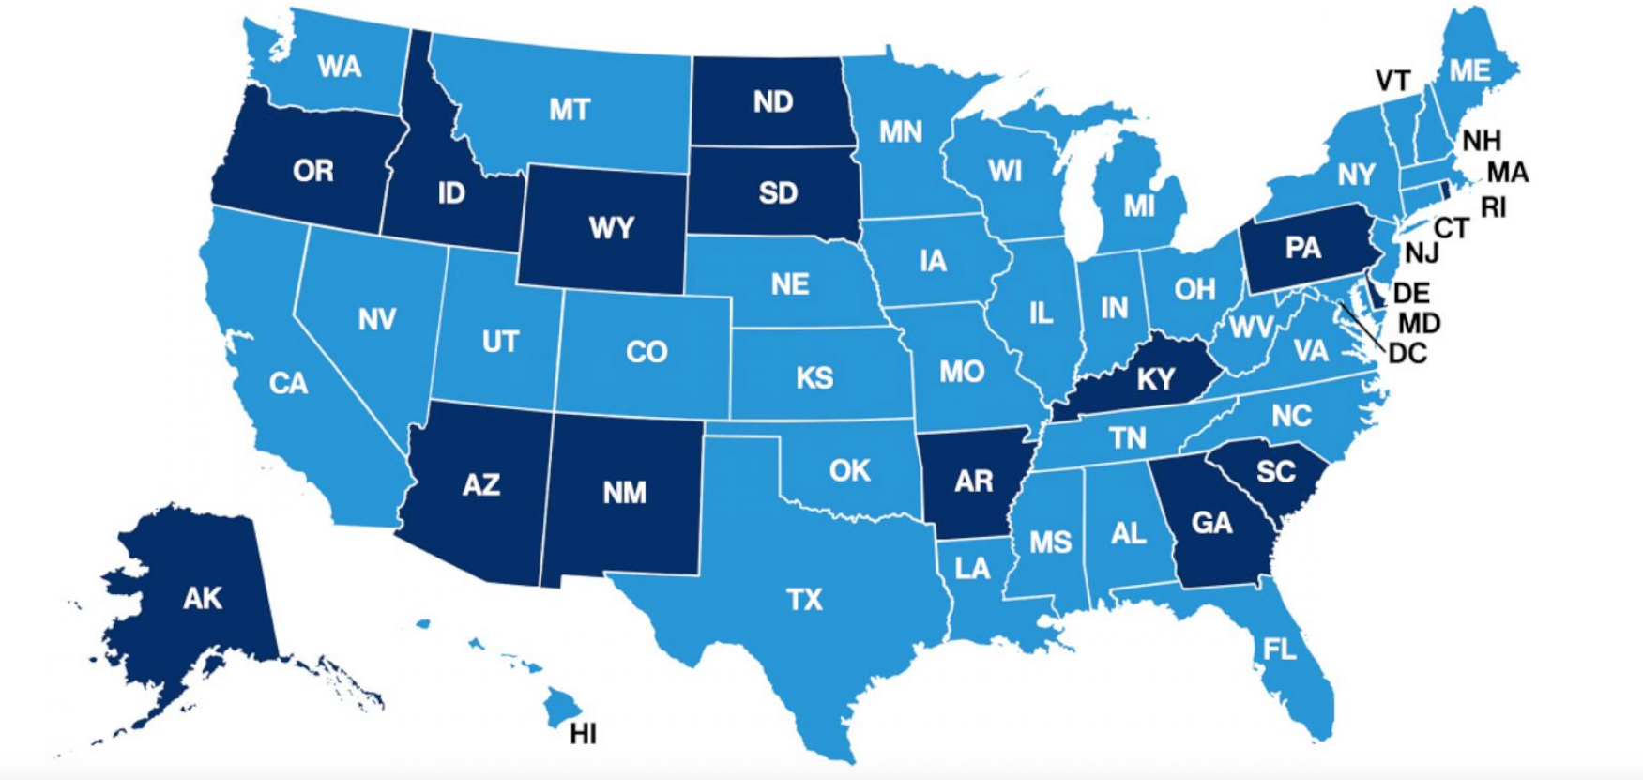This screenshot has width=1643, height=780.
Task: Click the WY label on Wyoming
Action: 611,228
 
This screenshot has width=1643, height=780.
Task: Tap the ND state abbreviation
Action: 772,101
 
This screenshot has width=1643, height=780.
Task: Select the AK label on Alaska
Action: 202,598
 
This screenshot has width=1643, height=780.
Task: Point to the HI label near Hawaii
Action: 583,734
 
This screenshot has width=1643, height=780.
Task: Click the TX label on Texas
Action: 804,599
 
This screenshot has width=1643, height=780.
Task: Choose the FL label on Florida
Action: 1279,649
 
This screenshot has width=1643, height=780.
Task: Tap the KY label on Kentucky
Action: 1155,378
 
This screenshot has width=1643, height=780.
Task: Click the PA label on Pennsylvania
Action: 1302,248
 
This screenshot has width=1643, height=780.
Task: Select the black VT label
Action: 1392,82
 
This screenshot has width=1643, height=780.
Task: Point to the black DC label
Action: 1407,354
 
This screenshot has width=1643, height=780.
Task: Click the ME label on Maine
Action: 1468,70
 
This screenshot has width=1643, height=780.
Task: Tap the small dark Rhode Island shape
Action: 1445,190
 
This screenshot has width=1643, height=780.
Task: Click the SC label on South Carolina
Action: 1275,471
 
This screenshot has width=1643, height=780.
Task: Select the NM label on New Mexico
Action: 624,493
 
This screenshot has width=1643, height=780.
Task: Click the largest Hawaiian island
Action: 562,705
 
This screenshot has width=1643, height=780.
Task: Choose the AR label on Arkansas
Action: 973,482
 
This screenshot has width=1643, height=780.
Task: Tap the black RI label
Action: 1493,207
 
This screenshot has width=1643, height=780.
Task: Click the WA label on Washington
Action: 339,67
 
